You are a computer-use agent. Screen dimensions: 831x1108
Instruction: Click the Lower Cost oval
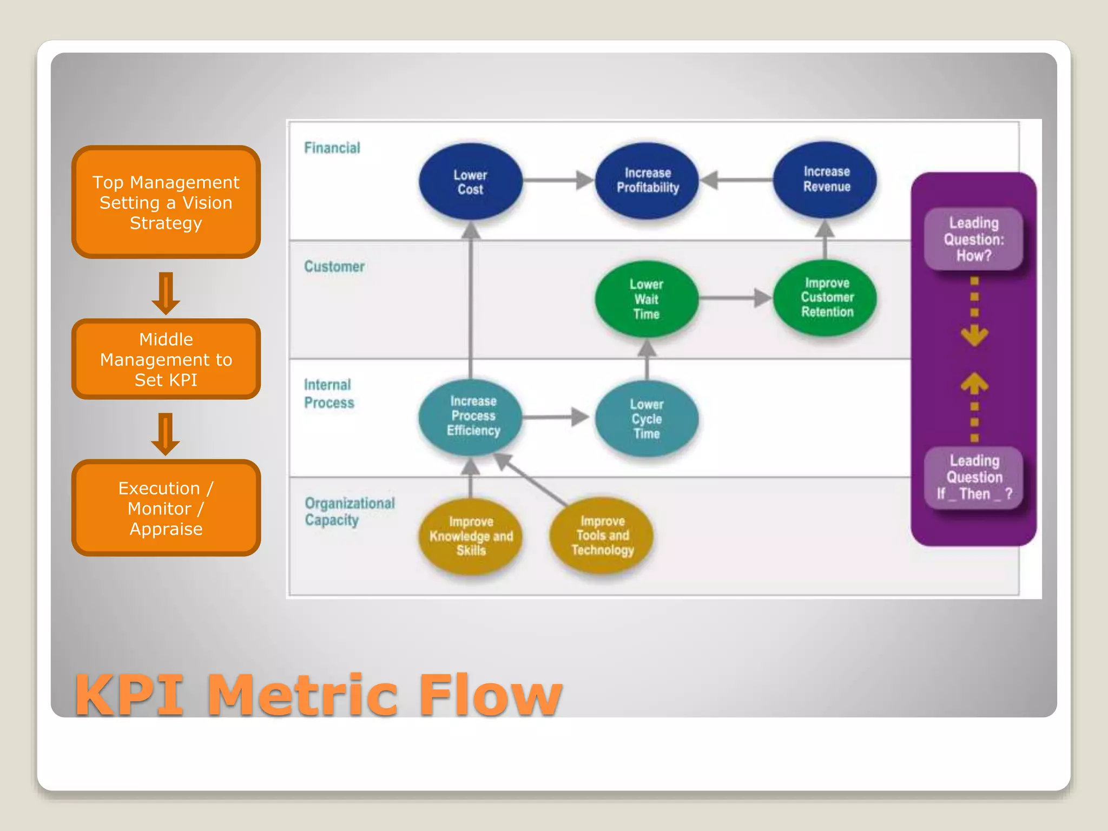470,182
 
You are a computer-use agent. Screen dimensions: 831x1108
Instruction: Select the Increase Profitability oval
647,181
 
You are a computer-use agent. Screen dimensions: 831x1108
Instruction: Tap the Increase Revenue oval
826,180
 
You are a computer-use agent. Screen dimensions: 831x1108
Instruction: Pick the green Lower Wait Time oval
647,299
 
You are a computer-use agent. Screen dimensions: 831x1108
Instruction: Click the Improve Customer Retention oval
826,298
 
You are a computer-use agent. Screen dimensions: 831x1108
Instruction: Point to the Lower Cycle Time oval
647,419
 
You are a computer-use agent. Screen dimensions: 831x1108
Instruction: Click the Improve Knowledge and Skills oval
471,536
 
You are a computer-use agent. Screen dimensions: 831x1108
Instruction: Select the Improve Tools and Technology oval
602,535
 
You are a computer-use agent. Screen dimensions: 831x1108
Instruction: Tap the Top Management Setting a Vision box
166,202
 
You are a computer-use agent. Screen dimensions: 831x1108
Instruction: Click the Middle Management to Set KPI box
166,359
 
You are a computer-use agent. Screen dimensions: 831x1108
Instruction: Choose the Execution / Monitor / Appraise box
166,508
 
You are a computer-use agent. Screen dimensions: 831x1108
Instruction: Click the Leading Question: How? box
973,239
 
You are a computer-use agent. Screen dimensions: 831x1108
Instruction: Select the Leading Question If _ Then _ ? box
973,477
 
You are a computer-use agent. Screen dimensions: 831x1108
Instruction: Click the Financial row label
332,148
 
